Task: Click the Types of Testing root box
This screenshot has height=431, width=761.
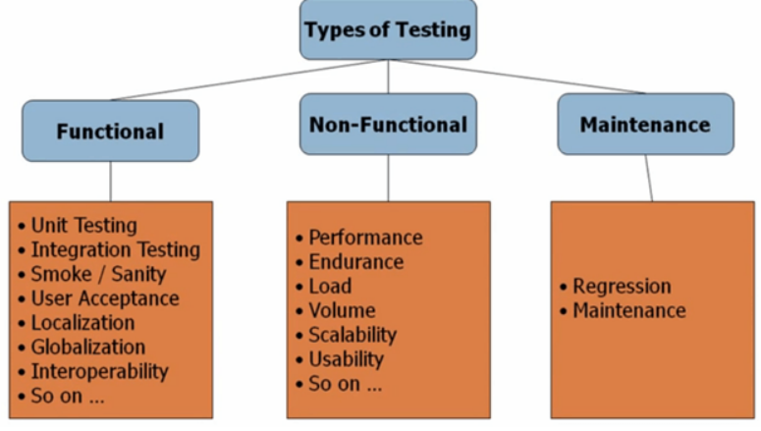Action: [387, 29]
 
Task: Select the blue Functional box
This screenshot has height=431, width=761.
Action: [110, 131]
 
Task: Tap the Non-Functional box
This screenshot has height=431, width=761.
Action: [387, 125]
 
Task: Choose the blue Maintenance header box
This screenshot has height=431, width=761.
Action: [644, 125]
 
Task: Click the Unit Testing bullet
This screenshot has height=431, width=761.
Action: [83, 226]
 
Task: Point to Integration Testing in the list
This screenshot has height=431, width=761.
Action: [115, 250]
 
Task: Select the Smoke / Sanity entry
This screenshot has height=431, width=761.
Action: [98, 274]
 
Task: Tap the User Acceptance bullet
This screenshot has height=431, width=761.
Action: [104, 297]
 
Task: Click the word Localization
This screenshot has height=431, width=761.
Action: [82, 322]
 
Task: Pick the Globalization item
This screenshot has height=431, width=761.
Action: [87, 347]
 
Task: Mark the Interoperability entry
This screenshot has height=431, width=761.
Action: [99, 371]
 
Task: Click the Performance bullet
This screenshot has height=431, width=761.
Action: [365, 238]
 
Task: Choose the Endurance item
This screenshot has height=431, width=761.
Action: [355, 262]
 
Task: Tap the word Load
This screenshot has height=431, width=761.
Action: [330, 287]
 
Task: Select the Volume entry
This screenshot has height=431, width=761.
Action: [342, 311]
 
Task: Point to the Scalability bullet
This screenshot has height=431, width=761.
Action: [353, 335]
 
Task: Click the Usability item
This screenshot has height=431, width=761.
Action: [346, 359]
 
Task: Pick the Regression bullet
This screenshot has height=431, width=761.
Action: [622, 287]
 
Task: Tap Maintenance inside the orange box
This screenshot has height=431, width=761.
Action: [628, 311]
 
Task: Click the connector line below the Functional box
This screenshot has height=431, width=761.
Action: [110, 182]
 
